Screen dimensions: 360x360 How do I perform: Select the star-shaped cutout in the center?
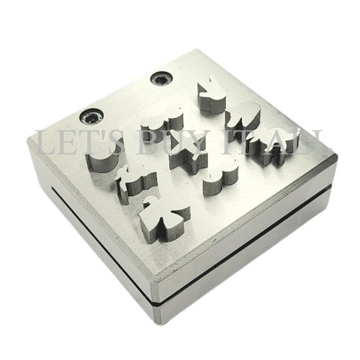pyautogui.click(x=189, y=153)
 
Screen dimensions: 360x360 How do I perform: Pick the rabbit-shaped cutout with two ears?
pyautogui.click(x=210, y=96)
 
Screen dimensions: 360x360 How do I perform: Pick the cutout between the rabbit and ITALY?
pyautogui.click(x=243, y=115)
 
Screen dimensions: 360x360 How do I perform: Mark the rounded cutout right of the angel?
pyautogui.click(x=221, y=177)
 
